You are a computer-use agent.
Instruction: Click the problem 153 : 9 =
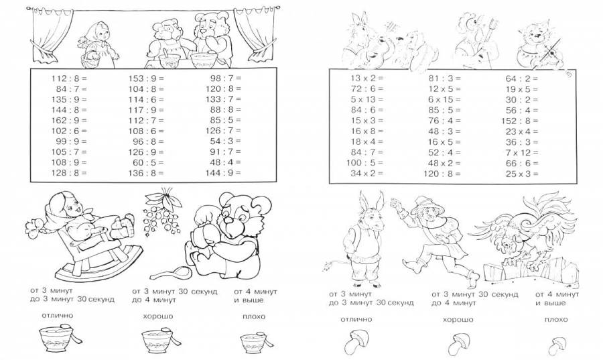(146, 78)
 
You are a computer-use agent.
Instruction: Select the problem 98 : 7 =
(226, 78)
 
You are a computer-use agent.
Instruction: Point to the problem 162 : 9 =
(69, 121)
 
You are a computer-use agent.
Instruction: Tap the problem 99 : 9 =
(72, 141)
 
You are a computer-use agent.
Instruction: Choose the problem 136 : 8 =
(146, 173)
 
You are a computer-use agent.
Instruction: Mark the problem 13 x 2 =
(367, 78)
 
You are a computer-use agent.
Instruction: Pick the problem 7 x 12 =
(522, 153)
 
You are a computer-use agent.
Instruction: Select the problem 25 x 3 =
(522, 174)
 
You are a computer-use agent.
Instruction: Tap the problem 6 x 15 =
(445, 100)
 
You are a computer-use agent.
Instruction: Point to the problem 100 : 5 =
(365, 163)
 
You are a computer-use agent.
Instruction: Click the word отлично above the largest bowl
(58, 316)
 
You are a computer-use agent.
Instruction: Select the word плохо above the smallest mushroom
(556, 319)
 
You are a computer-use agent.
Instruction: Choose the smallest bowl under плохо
(253, 343)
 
